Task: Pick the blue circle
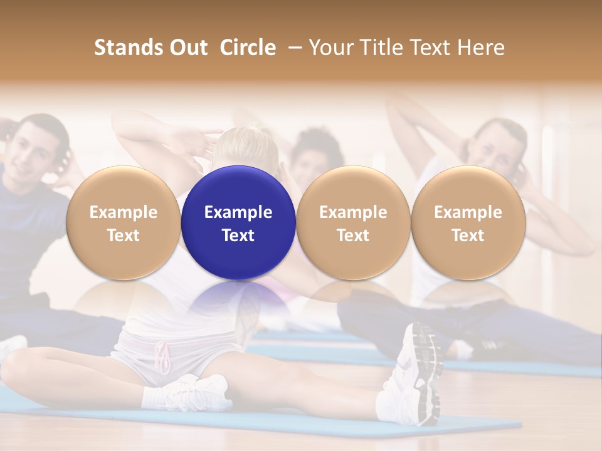tap(238, 223)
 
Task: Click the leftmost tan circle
tap(123, 223)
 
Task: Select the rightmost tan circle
tap(468, 223)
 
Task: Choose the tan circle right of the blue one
tap(353, 223)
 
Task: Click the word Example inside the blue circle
tap(238, 212)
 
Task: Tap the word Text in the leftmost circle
tap(123, 236)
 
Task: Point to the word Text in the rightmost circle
tap(468, 236)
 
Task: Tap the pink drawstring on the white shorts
tap(164, 357)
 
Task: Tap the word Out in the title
tap(187, 48)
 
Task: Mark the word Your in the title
tap(329, 48)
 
